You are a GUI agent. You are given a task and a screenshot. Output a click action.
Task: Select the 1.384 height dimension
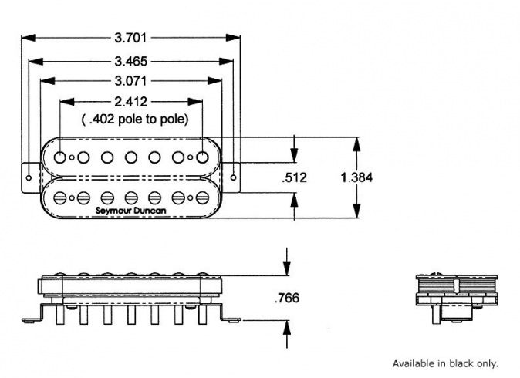click(356, 177)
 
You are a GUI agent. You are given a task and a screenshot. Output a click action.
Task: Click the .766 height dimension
click(286, 298)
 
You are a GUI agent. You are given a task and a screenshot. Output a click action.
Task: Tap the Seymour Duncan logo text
click(130, 208)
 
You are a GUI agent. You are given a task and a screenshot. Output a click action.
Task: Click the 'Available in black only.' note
click(445, 363)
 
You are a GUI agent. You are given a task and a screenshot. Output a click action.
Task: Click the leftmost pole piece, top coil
click(59, 157)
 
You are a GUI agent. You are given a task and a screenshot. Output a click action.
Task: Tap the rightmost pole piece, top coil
click(202, 157)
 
